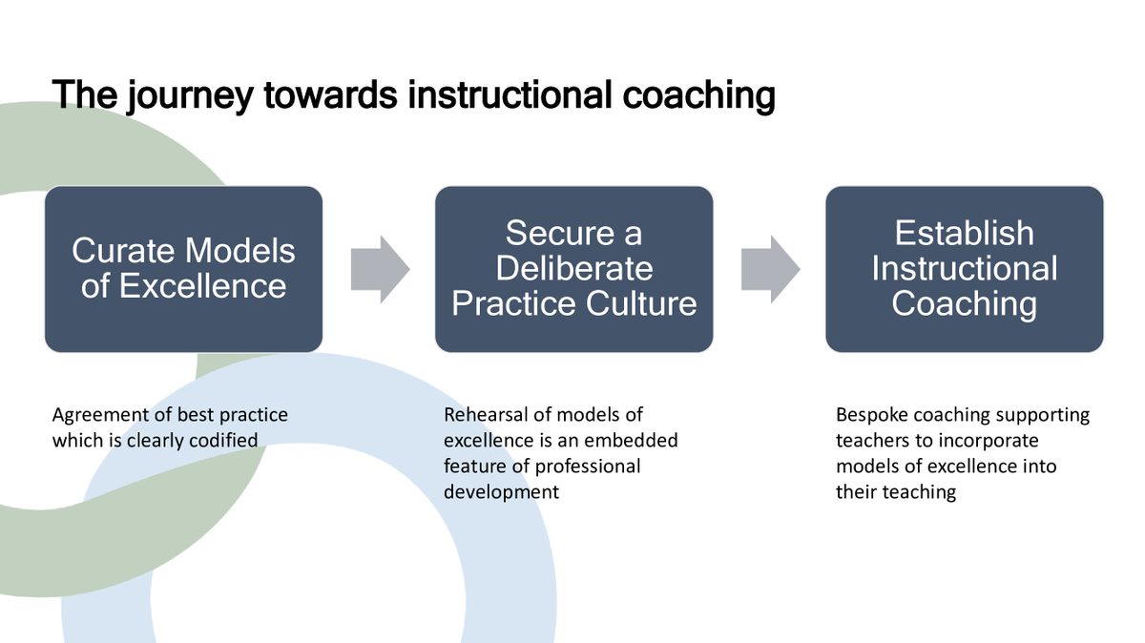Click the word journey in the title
tap(190, 96)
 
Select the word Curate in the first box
tap(124, 251)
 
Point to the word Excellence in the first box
tap(202, 285)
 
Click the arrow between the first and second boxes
tap(381, 269)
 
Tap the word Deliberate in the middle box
tap(574, 268)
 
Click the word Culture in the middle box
tap(641, 303)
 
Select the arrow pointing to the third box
tap(771, 269)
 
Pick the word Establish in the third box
tap(964, 233)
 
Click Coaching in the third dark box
tap(964, 304)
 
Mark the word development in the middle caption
tap(502, 492)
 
